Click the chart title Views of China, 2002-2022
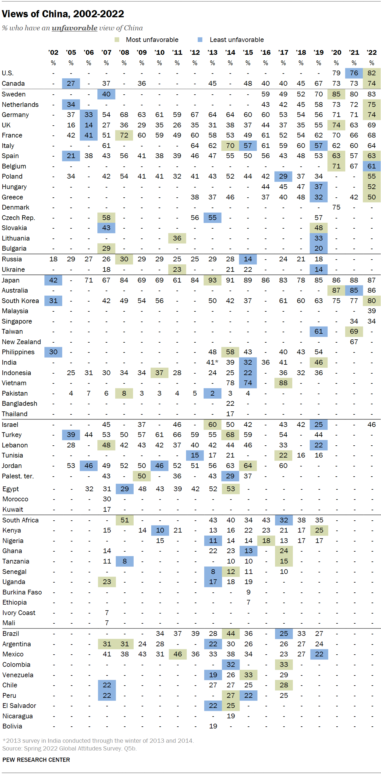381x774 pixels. (x=63, y=14)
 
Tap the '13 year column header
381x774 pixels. (x=213, y=52)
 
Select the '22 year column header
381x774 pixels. (x=371, y=52)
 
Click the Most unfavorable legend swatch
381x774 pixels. (x=117, y=40)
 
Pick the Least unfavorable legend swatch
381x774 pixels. (x=200, y=40)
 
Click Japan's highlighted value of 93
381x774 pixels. (x=213, y=280)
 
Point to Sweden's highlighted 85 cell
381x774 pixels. (x=336, y=94)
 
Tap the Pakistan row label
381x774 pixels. (x=15, y=393)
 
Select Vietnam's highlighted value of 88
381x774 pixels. (x=283, y=383)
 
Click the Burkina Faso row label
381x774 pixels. (x=22, y=592)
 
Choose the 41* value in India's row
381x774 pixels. (x=212, y=362)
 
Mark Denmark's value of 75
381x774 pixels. (x=336, y=207)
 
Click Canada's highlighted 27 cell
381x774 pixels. (x=71, y=83)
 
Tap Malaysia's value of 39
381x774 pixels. (x=371, y=311)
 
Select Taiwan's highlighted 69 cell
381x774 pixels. (x=354, y=331)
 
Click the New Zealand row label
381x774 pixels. (x=21, y=342)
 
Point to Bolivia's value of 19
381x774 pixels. (x=213, y=726)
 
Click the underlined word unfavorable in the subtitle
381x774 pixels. (x=74, y=28)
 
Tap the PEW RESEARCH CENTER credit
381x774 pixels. (x=36, y=760)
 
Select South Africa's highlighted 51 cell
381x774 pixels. (x=124, y=520)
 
